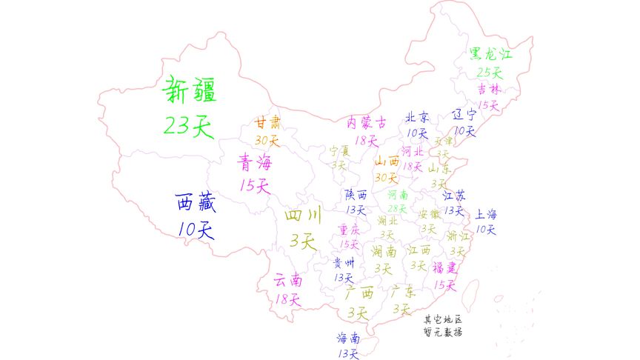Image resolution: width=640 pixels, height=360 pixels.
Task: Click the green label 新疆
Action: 187,91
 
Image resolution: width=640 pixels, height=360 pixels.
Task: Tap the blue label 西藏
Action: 196,201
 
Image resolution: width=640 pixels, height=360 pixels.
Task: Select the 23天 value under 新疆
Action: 187,126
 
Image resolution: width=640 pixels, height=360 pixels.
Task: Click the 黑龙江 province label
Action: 490,55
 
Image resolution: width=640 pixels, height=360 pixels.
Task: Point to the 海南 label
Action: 348,338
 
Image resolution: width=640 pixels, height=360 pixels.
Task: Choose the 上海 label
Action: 486,214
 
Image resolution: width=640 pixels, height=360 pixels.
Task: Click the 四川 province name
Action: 303,216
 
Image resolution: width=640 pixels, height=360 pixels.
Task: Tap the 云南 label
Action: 288,281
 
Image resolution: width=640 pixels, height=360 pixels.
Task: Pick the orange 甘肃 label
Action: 268,122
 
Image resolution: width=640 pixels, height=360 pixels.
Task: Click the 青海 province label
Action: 254,161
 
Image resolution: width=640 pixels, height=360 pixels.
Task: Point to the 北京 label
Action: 417,118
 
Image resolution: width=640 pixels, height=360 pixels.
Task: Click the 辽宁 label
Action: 464,115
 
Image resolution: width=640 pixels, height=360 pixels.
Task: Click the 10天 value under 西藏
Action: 196,230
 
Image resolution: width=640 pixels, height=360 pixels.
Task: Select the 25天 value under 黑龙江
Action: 489,73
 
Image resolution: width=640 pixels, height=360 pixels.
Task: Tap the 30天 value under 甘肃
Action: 267,139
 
